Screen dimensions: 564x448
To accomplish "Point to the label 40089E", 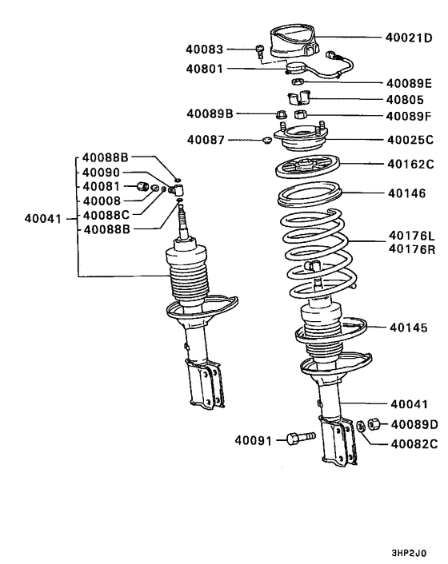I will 409,83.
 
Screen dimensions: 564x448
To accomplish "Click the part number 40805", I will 406,101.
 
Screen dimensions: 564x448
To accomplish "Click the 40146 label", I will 407,193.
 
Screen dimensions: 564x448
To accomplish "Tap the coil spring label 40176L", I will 410,236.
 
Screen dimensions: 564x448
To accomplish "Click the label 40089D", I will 411,424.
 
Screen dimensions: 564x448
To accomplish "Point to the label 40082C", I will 411,443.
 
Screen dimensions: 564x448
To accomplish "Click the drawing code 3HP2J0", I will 407,550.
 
